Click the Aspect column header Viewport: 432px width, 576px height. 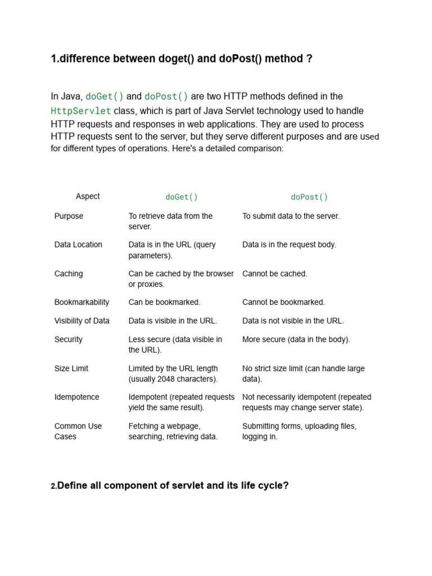click(88, 196)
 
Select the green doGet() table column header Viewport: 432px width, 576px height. click(181, 197)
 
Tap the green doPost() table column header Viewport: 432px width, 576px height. click(309, 197)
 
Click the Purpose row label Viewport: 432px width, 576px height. click(69, 216)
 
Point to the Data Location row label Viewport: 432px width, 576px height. click(78, 245)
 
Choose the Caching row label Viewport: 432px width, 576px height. click(69, 274)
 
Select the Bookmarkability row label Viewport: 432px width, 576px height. click(82, 302)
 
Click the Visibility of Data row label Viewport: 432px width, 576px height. click(82, 321)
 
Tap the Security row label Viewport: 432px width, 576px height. click(69, 339)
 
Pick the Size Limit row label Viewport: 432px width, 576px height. click(71, 368)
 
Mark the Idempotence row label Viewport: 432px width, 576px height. click(76, 397)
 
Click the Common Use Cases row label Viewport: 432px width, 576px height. click(78, 431)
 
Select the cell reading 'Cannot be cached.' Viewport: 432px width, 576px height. click(274, 274)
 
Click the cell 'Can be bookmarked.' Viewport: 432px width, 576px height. click(164, 302)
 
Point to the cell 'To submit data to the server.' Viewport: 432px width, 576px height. click(291, 216)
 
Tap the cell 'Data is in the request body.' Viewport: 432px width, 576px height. click(289, 245)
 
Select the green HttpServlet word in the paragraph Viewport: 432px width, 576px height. click(81, 111)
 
